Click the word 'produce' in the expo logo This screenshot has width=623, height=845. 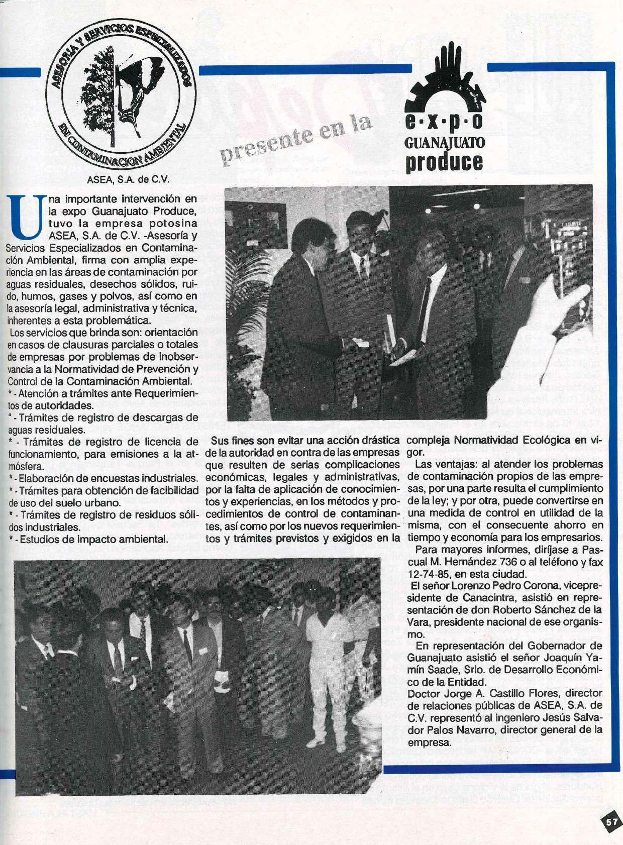(444, 161)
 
